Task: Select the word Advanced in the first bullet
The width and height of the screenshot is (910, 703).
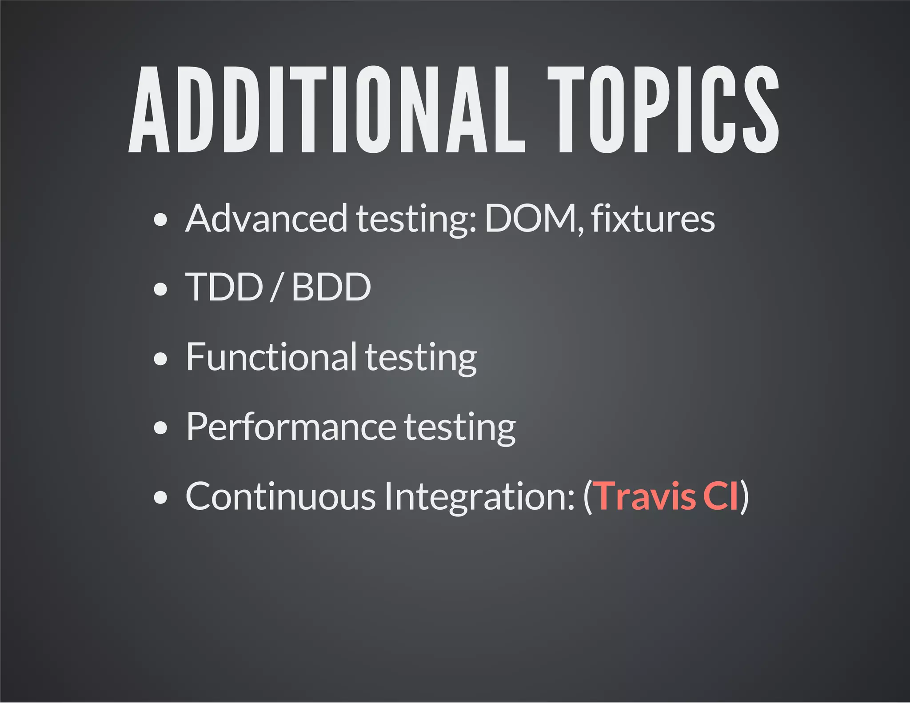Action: (266, 218)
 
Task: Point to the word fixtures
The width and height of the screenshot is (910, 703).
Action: (653, 218)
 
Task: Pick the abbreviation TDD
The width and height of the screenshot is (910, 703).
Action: (224, 287)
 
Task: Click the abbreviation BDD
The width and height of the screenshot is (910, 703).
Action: (331, 287)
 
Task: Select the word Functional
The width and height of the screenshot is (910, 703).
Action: (271, 357)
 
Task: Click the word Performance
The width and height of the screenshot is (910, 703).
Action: (291, 427)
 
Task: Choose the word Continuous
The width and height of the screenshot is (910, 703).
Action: (280, 496)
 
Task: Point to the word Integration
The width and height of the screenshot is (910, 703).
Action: (479, 497)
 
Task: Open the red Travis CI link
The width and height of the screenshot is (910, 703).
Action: (667, 496)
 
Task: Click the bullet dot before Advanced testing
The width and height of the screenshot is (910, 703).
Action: (160, 220)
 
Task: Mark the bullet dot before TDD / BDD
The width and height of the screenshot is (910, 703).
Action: (160, 289)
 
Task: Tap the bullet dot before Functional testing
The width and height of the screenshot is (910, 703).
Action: (160, 359)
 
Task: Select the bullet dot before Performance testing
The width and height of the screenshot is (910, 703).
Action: (160, 428)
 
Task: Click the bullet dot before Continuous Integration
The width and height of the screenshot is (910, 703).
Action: (160, 498)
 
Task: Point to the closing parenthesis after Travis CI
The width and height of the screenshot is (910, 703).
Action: (745, 497)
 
